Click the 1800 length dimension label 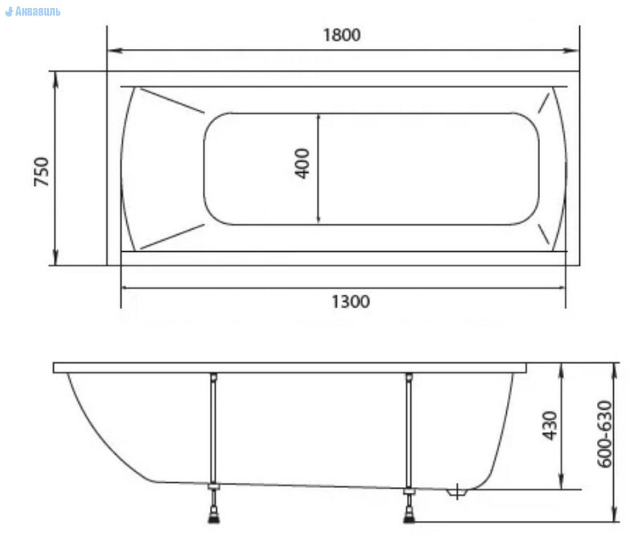[x=342, y=35]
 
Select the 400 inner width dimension [x=302, y=163]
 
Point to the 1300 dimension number [x=351, y=302]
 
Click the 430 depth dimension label [x=550, y=425]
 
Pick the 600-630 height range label [x=604, y=434]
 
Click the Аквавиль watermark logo [x=33, y=11]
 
